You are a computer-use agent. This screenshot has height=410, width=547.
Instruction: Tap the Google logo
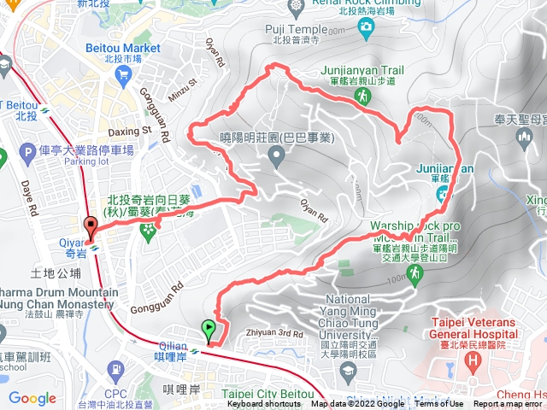32,398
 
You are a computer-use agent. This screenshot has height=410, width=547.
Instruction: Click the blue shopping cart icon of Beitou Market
125,74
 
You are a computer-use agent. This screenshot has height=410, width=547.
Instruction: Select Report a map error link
509,404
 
